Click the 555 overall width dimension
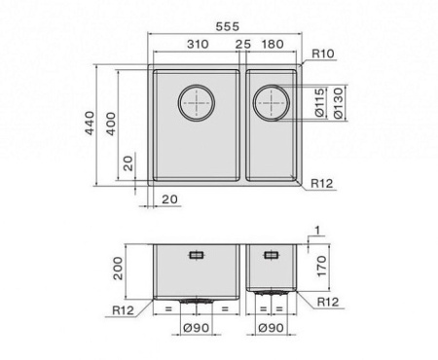pos(228,26)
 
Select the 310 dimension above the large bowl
pos(198,44)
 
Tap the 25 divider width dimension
pos(243,44)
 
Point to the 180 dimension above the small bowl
pos(273,44)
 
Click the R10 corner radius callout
pos(323,54)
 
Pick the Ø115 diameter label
pos(319,102)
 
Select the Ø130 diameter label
pos(338,103)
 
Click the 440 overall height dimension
pos(90,123)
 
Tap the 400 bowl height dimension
pos(111,124)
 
